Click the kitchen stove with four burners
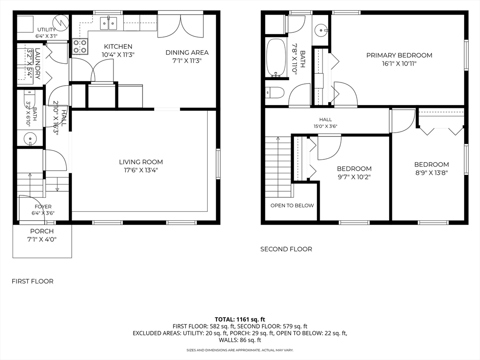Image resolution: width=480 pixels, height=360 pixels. pos(80,46)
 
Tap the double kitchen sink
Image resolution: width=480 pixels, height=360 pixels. pos(109,23)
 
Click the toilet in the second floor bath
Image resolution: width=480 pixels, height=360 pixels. pos(275,92)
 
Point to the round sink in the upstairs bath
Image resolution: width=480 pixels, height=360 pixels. pos(321,30)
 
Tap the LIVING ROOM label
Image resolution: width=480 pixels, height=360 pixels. pos(141,162)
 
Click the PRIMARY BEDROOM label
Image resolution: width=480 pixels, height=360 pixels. pos(399,55)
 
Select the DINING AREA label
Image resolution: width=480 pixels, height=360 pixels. pos(187,52)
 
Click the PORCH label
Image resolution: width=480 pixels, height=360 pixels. pos(42,232)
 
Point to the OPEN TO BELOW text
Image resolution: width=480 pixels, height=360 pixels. pos(292,205)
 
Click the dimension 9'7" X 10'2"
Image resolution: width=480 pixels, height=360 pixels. pos(354,177)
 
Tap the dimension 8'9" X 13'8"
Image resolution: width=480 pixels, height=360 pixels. pos(432,172)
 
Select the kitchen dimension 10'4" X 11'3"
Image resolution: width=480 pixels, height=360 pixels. pos(118,55)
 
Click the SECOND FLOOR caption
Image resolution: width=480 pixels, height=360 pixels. pos(286,249)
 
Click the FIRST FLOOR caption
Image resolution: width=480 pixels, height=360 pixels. pos(32,281)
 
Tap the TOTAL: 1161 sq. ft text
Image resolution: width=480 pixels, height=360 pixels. pos(240,320)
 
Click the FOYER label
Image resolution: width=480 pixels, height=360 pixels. pos(43,207)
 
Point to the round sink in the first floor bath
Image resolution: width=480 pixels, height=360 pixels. pos(30,138)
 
